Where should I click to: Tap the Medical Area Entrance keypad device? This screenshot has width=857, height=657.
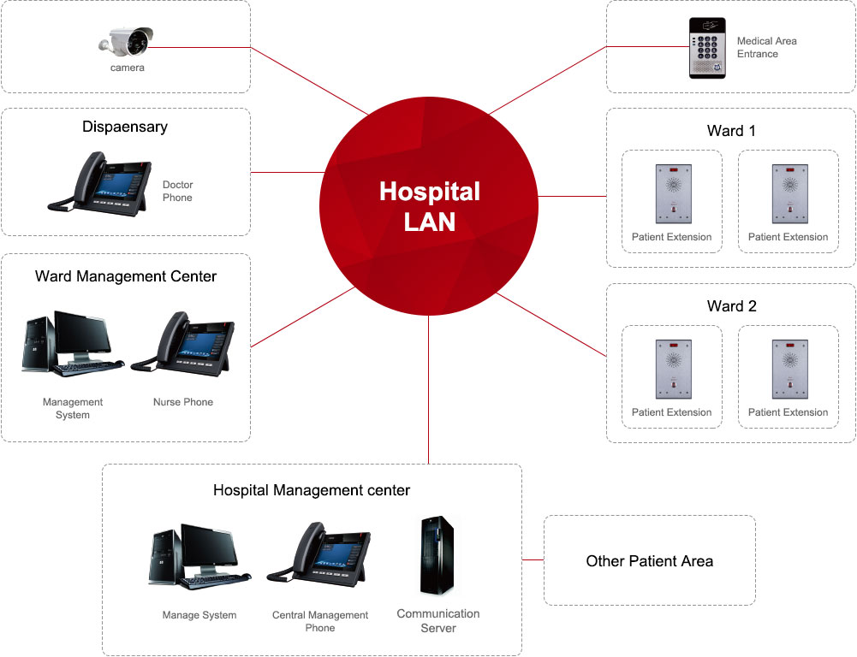[707, 48]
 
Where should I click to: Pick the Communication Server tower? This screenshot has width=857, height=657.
[437, 556]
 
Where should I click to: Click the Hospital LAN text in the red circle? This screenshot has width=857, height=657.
[429, 206]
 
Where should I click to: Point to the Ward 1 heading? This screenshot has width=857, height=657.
[731, 131]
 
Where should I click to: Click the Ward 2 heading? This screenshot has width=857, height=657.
[731, 306]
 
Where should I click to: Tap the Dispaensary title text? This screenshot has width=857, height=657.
[125, 127]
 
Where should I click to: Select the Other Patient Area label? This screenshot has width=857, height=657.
[649, 561]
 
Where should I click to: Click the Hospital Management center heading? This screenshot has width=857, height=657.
[312, 490]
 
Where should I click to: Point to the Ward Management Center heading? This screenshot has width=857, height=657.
[126, 276]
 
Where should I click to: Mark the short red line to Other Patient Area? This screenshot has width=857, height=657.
[533, 560]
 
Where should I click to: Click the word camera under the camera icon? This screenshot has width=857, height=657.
[128, 68]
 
